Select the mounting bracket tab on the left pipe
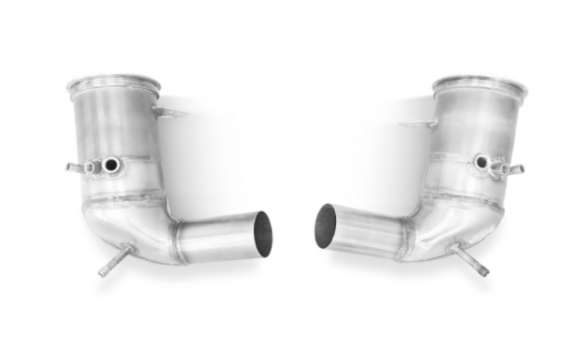click(169, 113)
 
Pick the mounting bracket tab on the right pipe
click(415, 124)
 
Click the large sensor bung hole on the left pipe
click(112, 166)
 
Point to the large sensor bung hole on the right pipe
click(481, 163)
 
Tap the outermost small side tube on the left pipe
click(73, 168)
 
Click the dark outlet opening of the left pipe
click(264, 233)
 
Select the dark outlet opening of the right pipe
click(326, 227)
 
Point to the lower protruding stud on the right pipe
click(471, 259)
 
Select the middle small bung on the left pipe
click(93, 168)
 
